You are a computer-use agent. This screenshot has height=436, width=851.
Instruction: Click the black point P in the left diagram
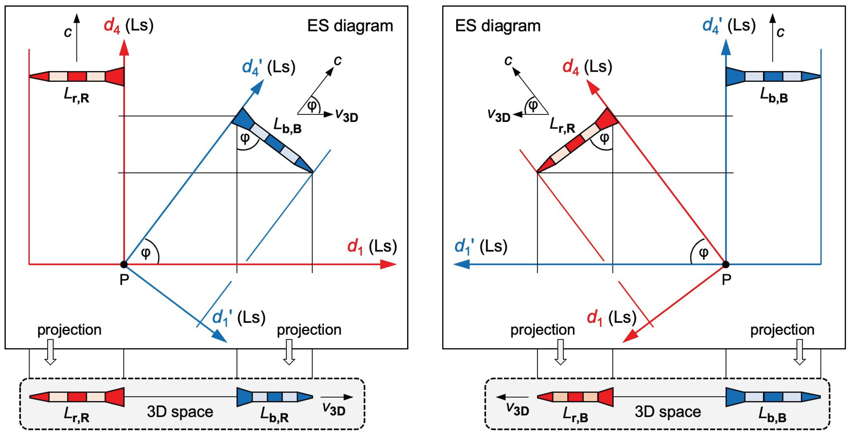tap(124, 265)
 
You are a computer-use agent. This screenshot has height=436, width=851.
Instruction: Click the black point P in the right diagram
tap(725, 265)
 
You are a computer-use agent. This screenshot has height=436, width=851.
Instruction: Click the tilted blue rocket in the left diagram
tap(273, 141)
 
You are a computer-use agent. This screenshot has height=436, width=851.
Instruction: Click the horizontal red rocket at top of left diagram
tap(77, 76)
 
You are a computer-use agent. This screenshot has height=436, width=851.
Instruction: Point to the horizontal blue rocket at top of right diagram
tap(773, 76)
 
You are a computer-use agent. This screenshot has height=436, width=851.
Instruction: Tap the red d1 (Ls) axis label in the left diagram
tap(372, 247)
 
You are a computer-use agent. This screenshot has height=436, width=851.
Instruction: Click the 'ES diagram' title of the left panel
tap(350, 26)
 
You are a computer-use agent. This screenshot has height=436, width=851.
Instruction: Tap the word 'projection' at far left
tap(69, 330)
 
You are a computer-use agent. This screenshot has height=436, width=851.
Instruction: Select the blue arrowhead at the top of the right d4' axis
tap(725, 46)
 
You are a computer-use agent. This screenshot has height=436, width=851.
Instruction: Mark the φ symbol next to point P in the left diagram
tap(145, 253)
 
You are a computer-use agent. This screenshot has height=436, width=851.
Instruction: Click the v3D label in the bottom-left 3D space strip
tap(334, 409)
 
